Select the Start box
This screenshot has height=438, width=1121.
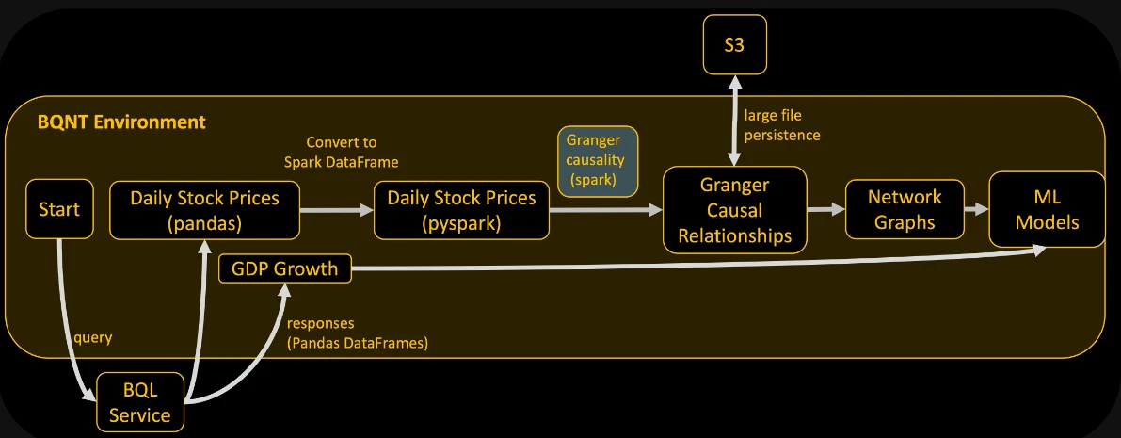click(59, 210)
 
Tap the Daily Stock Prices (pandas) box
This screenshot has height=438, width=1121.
click(205, 210)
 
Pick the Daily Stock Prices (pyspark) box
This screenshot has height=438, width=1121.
click(461, 210)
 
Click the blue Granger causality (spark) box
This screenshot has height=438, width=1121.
click(599, 160)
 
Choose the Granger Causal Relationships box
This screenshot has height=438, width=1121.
click(734, 210)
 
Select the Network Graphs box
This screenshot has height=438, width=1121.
click(905, 210)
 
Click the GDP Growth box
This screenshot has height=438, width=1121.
click(285, 269)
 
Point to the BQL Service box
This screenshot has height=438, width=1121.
click(141, 402)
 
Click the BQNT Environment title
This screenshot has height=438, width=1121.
click(121, 122)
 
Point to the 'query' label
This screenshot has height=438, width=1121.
click(93, 337)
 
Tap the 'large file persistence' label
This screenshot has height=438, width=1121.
click(782, 124)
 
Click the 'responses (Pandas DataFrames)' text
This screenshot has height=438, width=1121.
click(358, 333)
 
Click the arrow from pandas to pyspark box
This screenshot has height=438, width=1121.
click(337, 210)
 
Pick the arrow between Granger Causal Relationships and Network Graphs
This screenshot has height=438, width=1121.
click(825, 210)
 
